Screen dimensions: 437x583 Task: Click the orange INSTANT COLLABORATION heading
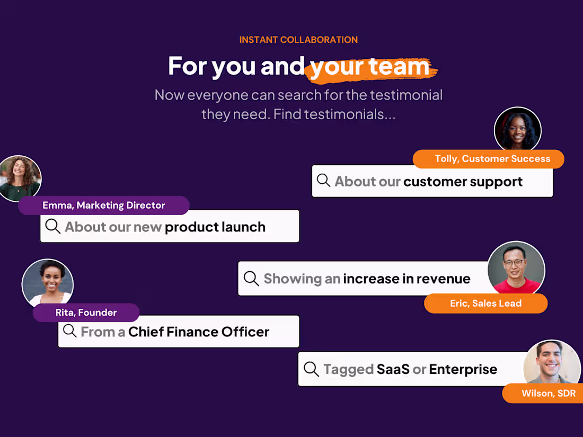point(298,40)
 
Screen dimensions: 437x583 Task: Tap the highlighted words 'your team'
point(370,67)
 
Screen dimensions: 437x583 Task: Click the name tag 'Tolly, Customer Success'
point(492,159)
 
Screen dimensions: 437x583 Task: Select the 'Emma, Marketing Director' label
point(104,206)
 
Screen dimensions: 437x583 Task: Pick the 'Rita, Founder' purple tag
point(86,313)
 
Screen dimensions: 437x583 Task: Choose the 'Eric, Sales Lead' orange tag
point(485,304)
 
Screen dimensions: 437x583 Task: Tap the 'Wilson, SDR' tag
point(548,393)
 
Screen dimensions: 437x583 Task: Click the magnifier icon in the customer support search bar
point(324,180)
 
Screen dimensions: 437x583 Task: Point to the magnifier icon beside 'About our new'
point(53,226)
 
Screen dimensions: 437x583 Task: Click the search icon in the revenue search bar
point(251,278)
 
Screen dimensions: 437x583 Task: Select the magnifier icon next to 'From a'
point(70,331)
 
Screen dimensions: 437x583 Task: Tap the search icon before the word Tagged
point(312,369)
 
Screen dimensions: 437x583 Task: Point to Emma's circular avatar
point(20,178)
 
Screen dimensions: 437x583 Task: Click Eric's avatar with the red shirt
point(516,269)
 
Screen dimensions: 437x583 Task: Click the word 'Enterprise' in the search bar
point(463,369)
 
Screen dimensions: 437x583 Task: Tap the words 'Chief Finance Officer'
point(199,332)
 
